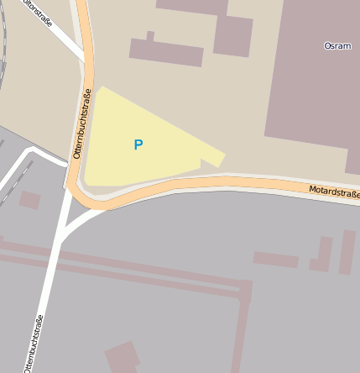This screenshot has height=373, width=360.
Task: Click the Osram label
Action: pos(337,45)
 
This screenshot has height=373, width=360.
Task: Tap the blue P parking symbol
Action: pos(138,144)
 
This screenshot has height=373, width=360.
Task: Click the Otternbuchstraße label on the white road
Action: pos(34,343)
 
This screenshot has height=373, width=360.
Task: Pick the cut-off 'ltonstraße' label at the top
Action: pos(38,11)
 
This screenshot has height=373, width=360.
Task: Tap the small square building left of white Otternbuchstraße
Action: pos(30,200)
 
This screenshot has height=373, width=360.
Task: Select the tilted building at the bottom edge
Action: pos(123,356)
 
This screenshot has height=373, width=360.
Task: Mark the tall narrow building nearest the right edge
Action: pos(347,252)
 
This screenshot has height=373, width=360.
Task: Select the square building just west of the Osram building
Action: pos(232,35)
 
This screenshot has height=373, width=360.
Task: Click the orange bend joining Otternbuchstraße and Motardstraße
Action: pos(84,198)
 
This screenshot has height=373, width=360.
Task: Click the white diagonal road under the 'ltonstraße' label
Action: pos(64,38)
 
